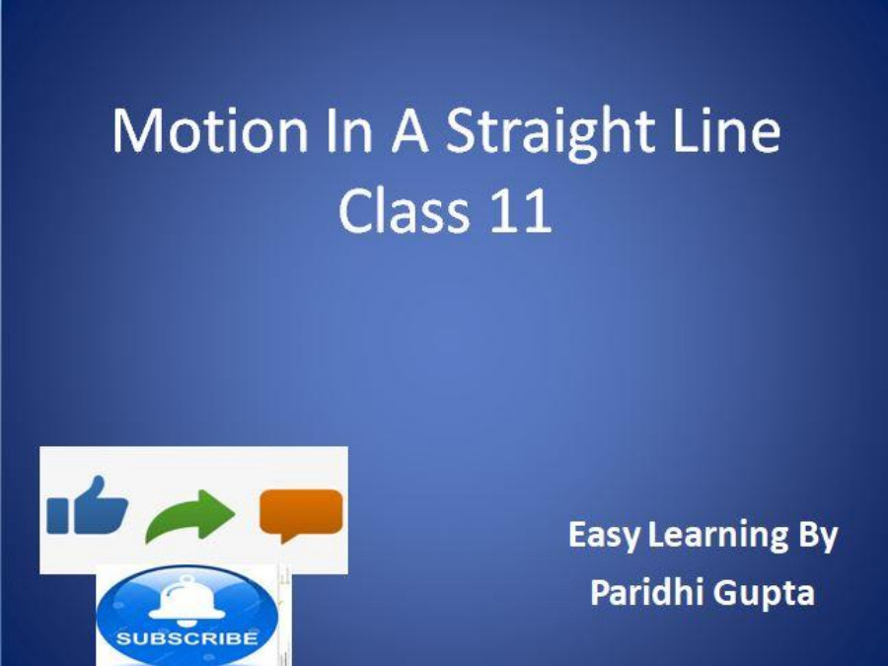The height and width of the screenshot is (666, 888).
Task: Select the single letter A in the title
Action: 408,133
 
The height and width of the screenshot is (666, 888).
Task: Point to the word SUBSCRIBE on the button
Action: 187,637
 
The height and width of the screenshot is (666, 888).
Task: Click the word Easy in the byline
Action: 603,537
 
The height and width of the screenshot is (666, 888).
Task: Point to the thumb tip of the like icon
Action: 96,481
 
